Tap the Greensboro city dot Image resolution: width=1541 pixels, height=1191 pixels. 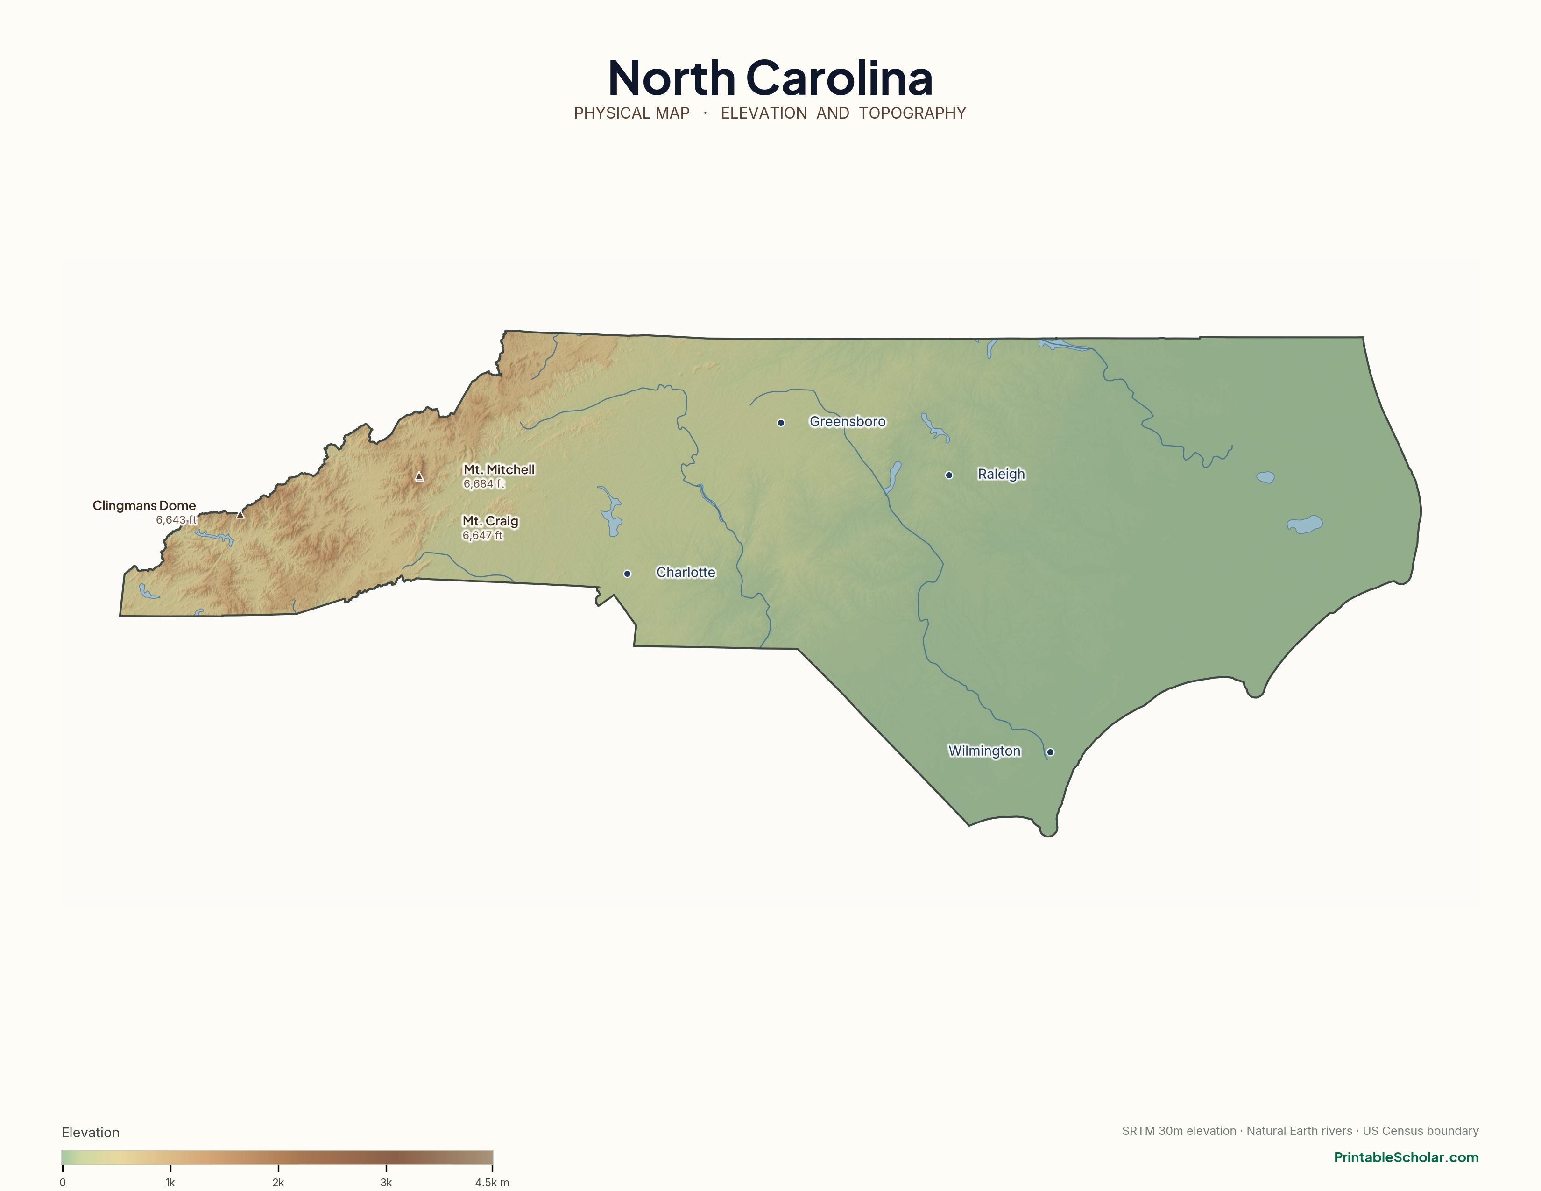781,423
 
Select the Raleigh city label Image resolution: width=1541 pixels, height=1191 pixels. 1001,474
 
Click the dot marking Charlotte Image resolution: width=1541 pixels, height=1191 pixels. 627,574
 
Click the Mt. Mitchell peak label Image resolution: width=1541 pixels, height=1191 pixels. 499,469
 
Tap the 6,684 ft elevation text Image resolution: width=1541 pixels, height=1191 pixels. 484,484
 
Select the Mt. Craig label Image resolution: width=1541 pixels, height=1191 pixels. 490,521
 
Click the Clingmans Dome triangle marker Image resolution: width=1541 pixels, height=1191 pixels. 240,514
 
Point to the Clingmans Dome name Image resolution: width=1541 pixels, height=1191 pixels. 144,505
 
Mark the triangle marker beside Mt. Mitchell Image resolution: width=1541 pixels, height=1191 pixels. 419,477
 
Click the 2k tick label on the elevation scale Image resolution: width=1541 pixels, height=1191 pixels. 278,1183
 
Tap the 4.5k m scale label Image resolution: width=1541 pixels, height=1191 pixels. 492,1183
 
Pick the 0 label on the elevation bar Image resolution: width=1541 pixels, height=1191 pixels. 63,1183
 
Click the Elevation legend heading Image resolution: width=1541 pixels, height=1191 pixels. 90,1133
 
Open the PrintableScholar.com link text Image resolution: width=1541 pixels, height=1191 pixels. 1406,1157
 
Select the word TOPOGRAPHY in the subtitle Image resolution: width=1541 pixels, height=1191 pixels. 912,113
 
